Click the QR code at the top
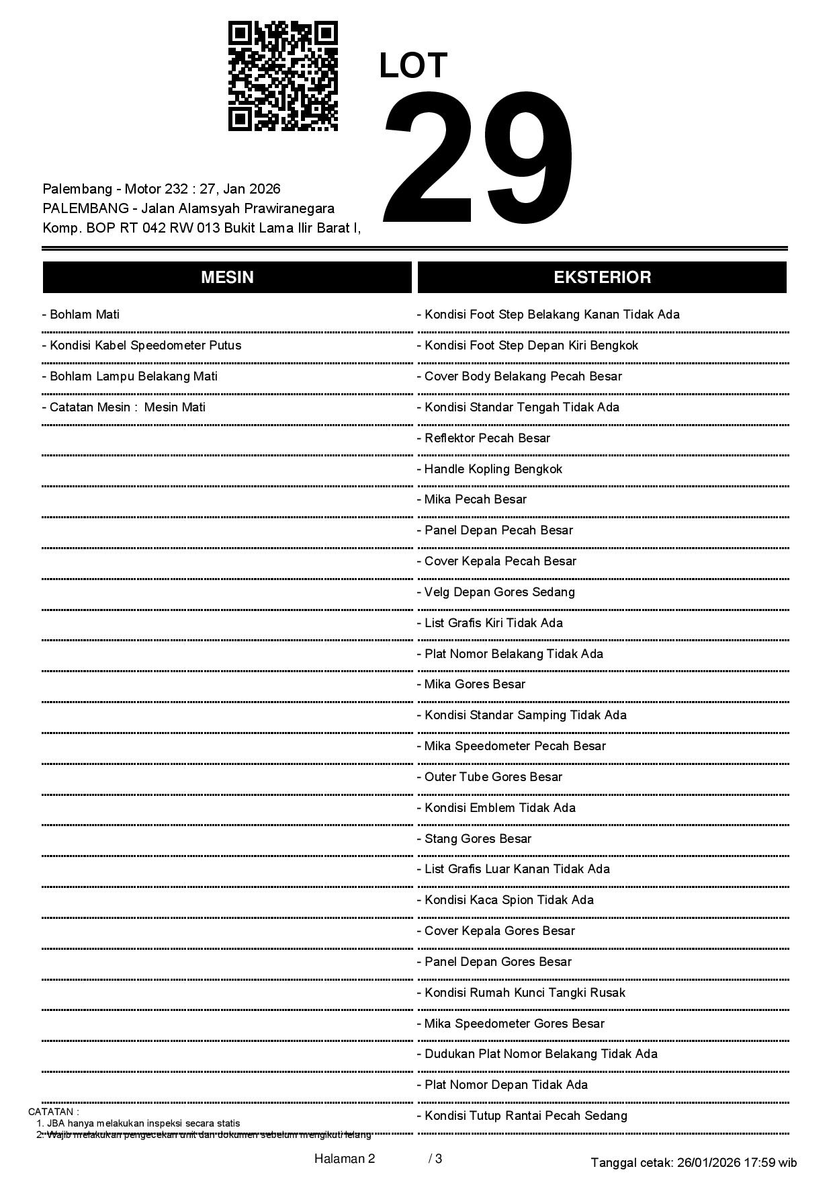pyautogui.click(x=283, y=76)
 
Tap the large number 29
pyautogui.click(x=479, y=157)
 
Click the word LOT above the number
pyautogui.click(x=413, y=66)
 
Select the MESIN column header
pyautogui.click(x=227, y=278)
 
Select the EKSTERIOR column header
pyautogui.click(x=602, y=278)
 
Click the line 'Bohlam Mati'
pyautogui.click(x=81, y=315)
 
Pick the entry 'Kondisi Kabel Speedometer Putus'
pyautogui.click(x=141, y=345)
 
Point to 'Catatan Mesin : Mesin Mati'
pyautogui.click(x=124, y=407)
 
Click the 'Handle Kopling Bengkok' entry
pyautogui.click(x=490, y=469)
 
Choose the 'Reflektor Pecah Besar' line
pyautogui.click(x=484, y=438)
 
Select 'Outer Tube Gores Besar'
pyautogui.click(x=490, y=777)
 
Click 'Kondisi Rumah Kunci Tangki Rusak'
pyautogui.click(x=521, y=993)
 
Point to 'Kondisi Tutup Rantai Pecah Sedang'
pyautogui.click(x=522, y=1116)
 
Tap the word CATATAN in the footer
pyautogui.click(x=53, y=1112)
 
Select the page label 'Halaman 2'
pyautogui.click(x=344, y=1159)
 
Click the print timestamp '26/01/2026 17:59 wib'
pyautogui.click(x=737, y=1163)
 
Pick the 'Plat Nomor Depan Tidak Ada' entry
pyautogui.click(x=502, y=1085)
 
